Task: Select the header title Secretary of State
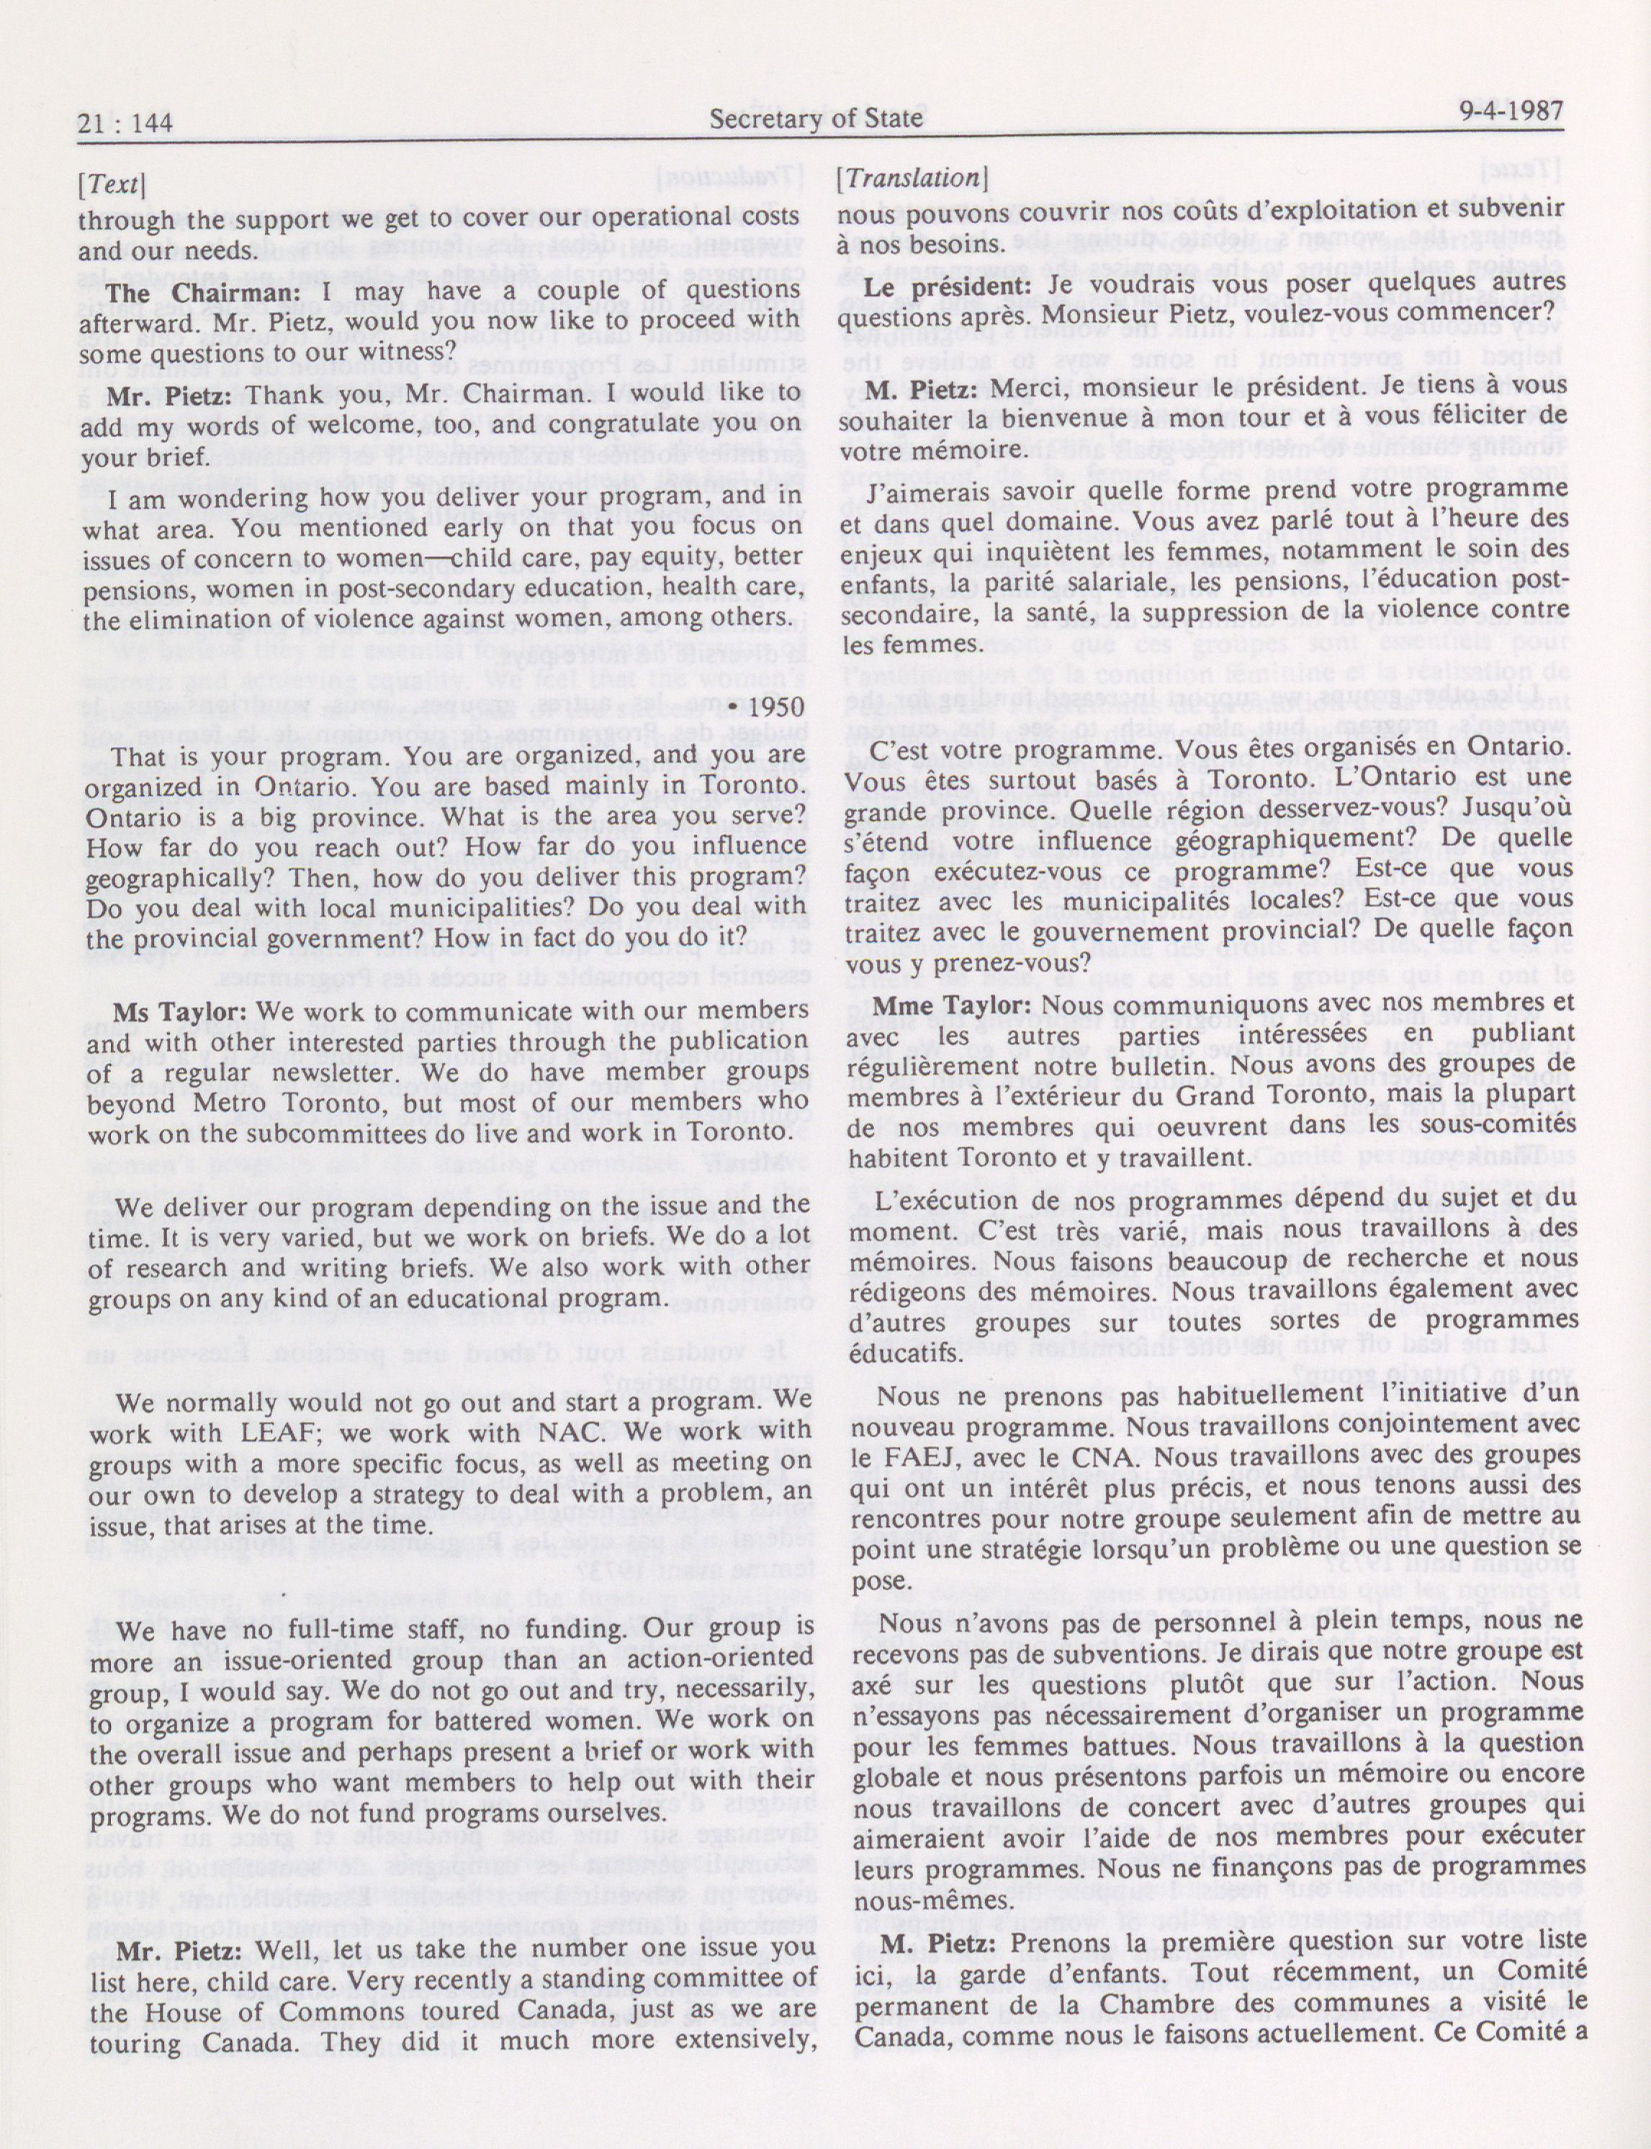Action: [816, 119]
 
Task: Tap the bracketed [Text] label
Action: [112, 184]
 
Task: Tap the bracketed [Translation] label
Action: [910, 178]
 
